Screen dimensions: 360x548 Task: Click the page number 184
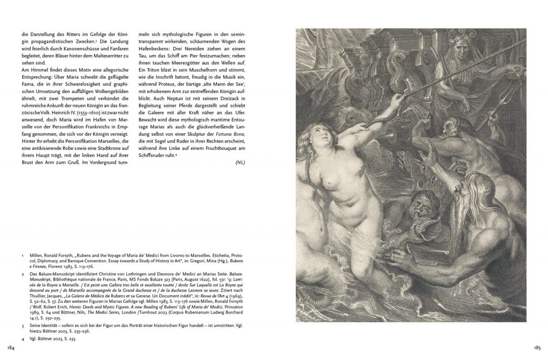click(x=10, y=348)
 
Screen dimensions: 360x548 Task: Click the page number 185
click(x=537, y=348)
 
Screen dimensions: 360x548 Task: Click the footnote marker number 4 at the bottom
click(x=23, y=339)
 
